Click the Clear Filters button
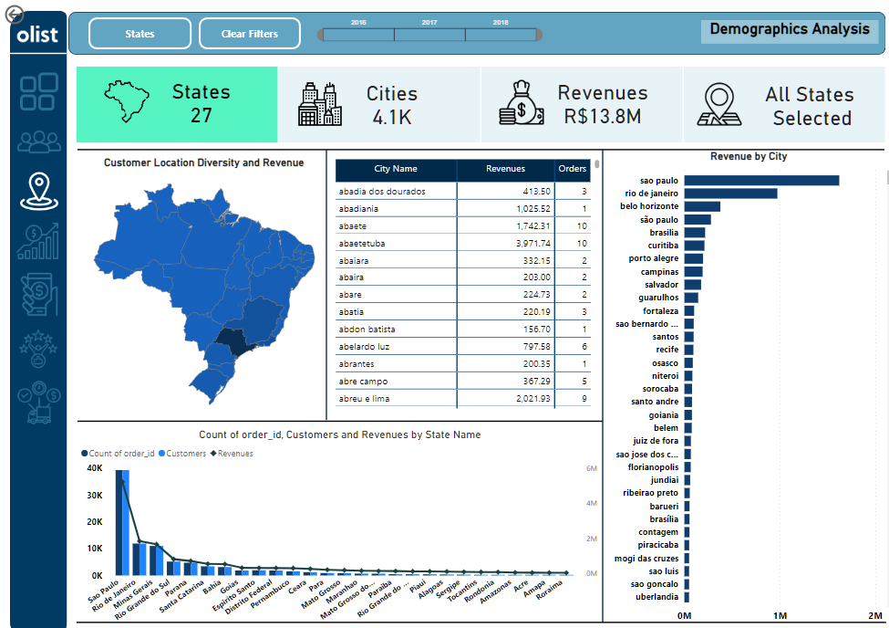pyautogui.click(x=250, y=34)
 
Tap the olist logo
pyautogui.click(x=37, y=35)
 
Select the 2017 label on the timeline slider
pyautogui.click(x=429, y=22)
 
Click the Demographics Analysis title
pyautogui.click(x=790, y=29)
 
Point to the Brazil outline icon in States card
pyautogui.click(x=128, y=101)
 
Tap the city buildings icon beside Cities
pyautogui.click(x=320, y=104)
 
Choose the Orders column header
pyautogui.click(x=572, y=169)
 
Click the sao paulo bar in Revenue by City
pyautogui.click(x=761, y=180)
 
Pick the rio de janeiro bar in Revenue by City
pyautogui.click(x=730, y=194)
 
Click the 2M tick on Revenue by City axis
pyautogui.click(x=875, y=615)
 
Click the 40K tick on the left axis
pyautogui.click(x=95, y=468)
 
